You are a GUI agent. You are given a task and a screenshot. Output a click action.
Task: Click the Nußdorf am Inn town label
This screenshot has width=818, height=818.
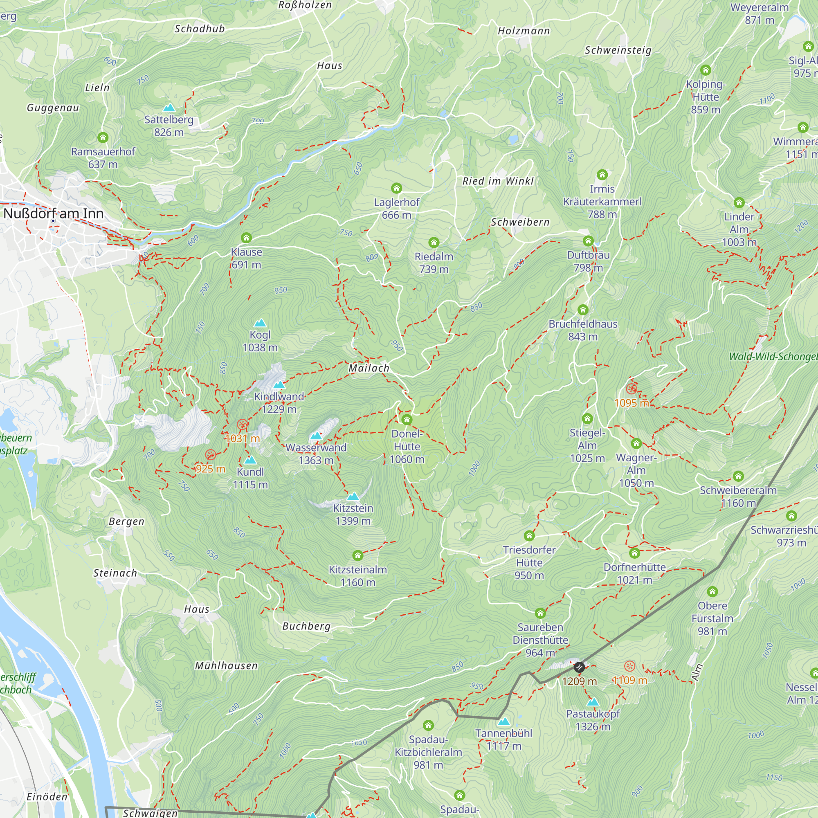(53, 213)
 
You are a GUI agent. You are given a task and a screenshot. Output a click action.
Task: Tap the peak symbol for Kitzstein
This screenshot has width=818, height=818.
(353, 496)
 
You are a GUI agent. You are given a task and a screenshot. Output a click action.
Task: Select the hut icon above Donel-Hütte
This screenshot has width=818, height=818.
(407, 420)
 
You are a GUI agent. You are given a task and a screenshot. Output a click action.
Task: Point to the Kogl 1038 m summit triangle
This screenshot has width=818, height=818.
(260, 323)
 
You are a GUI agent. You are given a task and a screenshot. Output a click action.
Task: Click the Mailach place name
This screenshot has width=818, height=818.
(369, 368)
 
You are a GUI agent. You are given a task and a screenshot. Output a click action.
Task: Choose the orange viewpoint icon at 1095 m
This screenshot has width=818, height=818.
(631, 389)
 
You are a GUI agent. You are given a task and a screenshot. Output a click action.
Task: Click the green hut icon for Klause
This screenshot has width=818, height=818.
(246, 238)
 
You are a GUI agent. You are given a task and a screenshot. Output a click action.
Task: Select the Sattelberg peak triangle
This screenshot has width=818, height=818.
(169, 108)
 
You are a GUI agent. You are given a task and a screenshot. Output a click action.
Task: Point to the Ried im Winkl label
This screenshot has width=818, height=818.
(498, 181)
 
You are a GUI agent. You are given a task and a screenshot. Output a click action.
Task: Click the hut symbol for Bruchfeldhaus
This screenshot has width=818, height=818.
(583, 310)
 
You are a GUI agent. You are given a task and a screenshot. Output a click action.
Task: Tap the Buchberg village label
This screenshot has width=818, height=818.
(306, 626)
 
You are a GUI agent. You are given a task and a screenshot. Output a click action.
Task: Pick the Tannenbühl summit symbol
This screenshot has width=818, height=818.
(503, 721)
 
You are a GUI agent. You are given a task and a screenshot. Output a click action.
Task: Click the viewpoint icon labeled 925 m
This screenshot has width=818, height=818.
(210, 455)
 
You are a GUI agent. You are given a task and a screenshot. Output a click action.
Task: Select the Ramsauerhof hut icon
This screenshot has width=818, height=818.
(103, 137)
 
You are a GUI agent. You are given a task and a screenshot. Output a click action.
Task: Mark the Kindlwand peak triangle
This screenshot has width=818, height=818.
(279, 385)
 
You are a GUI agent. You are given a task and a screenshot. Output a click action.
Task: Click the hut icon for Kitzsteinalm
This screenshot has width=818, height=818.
(358, 555)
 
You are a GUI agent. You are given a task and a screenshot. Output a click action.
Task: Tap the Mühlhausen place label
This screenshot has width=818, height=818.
(226, 665)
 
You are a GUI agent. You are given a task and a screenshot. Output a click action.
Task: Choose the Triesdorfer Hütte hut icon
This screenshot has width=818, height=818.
(529, 536)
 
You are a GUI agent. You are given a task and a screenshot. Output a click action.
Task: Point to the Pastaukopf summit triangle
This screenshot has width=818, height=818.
(593, 702)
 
